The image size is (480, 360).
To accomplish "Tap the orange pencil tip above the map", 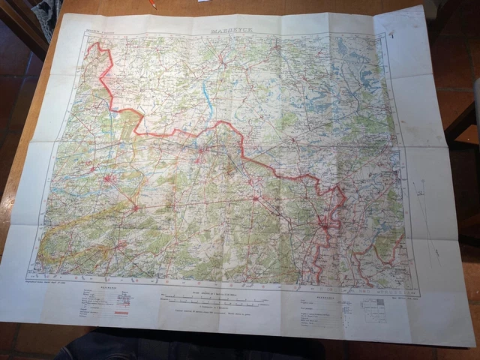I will [x=152, y=4].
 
